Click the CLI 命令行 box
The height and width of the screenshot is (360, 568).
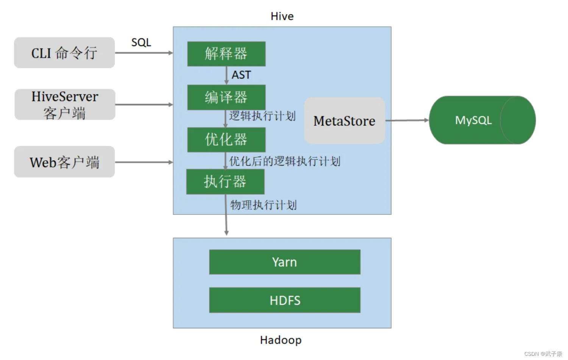tap(64, 53)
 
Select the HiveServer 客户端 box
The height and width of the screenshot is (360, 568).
tap(65, 105)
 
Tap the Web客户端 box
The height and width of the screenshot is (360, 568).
tap(64, 162)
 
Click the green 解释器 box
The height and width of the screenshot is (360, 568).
tap(226, 54)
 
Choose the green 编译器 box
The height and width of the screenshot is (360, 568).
tap(226, 97)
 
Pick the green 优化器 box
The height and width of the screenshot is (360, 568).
tap(226, 140)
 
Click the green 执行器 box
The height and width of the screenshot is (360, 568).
tap(225, 182)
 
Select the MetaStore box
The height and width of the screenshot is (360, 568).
tap(344, 121)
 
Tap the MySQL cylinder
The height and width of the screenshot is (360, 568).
tap(482, 120)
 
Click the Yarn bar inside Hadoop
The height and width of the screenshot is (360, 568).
tap(284, 262)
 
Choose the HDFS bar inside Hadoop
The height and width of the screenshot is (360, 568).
tap(284, 300)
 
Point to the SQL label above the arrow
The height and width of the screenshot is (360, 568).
tap(141, 42)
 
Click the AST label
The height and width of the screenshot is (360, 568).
tap(241, 75)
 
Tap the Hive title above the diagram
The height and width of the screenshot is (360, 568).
tap(282, 16)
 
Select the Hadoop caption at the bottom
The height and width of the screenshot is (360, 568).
tap(281, 340)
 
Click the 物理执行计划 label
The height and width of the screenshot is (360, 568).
tap(264, 205)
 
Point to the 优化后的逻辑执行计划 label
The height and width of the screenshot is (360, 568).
tap(285, 161)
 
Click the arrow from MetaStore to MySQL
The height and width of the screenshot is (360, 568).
tap(407, 121)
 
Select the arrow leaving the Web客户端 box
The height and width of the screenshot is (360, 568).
tap(144, 162)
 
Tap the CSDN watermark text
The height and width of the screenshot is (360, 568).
tap(543, 354)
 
